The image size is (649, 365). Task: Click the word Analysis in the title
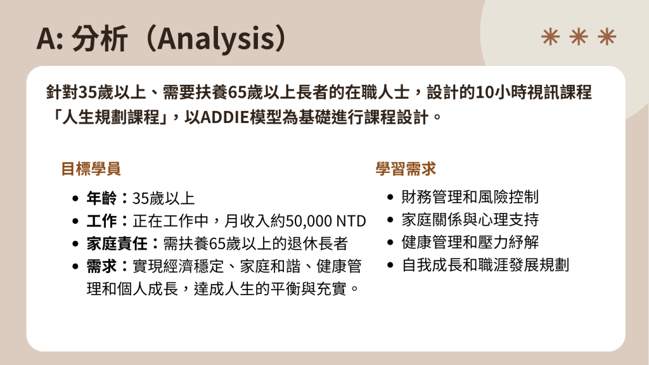click(x=215, y=39)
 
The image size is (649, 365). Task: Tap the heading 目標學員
click(x=91, y=169)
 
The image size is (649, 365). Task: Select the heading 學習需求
click(x=406, y=169)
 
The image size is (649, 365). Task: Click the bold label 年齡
click(x=102, y=198)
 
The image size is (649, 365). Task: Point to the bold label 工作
click(x=102, y=221)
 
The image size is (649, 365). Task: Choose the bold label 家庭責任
click(x=117, y=244)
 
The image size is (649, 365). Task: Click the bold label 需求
click(x=102, y=266)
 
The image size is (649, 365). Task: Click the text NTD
click(x=351, y=221)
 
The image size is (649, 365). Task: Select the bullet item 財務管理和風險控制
click(x=470, y=197)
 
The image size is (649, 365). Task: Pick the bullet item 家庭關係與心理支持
click(x=470, y=220)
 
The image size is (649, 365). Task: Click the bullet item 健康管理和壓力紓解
click(x=470, y=243)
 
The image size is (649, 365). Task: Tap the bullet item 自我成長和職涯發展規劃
click(x=485, y=265)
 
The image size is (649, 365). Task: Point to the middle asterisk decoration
click(x=579, y=36)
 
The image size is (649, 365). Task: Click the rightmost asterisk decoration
click(x=607, y=36)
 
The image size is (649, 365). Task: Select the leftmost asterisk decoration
click(x=551, y=36)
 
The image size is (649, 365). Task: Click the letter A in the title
click(x=46, y=39)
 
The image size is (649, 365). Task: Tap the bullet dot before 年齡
click(x=75, y=198)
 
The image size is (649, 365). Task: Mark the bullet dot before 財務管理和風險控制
click(x=390, y=198)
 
